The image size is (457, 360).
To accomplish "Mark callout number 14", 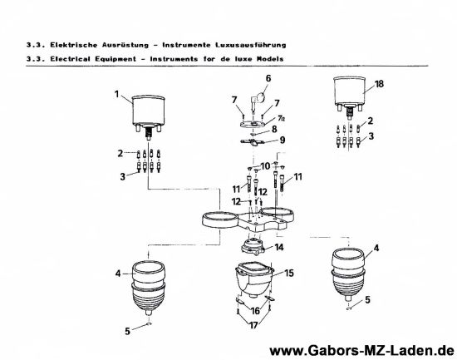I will tap(280, 247).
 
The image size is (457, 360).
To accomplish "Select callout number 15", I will tap(289, 272).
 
